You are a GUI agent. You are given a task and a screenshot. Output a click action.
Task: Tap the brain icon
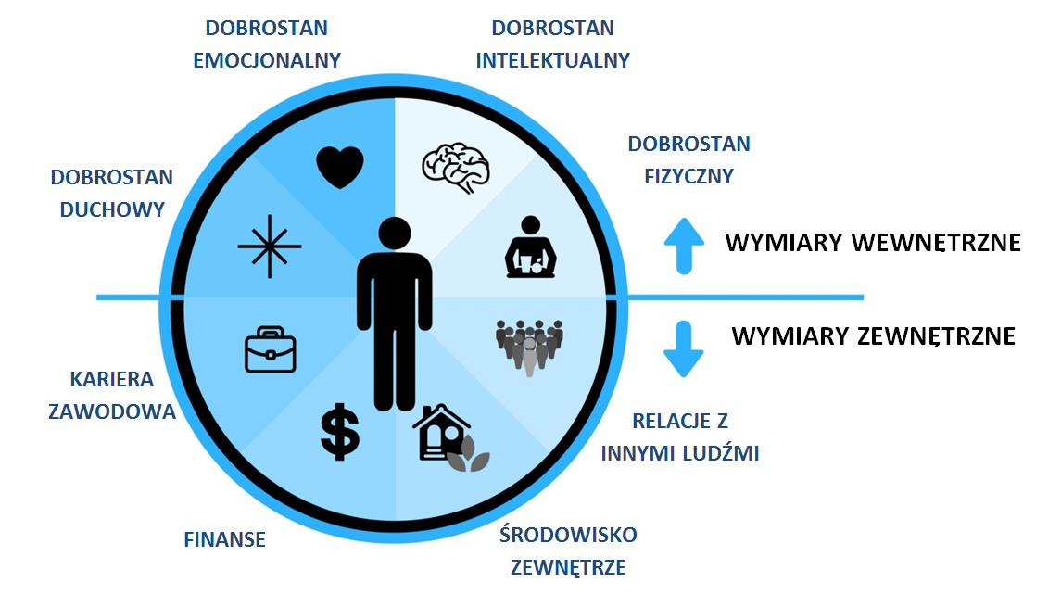455,165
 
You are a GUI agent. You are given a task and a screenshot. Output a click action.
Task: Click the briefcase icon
270,349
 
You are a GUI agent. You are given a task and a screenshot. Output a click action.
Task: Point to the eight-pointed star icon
270,247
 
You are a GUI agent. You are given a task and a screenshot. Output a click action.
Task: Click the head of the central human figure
395,236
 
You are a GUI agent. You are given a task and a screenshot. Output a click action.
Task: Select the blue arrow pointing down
684,349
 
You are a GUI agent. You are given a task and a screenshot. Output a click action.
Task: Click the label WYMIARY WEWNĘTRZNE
873,243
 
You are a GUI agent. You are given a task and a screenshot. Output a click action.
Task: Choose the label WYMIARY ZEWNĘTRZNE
873,335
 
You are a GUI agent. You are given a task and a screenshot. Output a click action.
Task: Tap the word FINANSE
225,539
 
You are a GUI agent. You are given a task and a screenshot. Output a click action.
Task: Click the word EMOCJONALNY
267,60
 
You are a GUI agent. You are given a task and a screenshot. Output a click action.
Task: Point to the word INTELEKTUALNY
553,60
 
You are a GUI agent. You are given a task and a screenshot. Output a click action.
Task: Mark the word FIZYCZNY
689,175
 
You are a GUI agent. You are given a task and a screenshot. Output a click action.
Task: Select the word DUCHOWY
112,209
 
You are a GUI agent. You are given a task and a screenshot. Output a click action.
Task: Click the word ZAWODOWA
112,411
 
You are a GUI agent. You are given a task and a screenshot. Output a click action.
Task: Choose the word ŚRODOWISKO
568,535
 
